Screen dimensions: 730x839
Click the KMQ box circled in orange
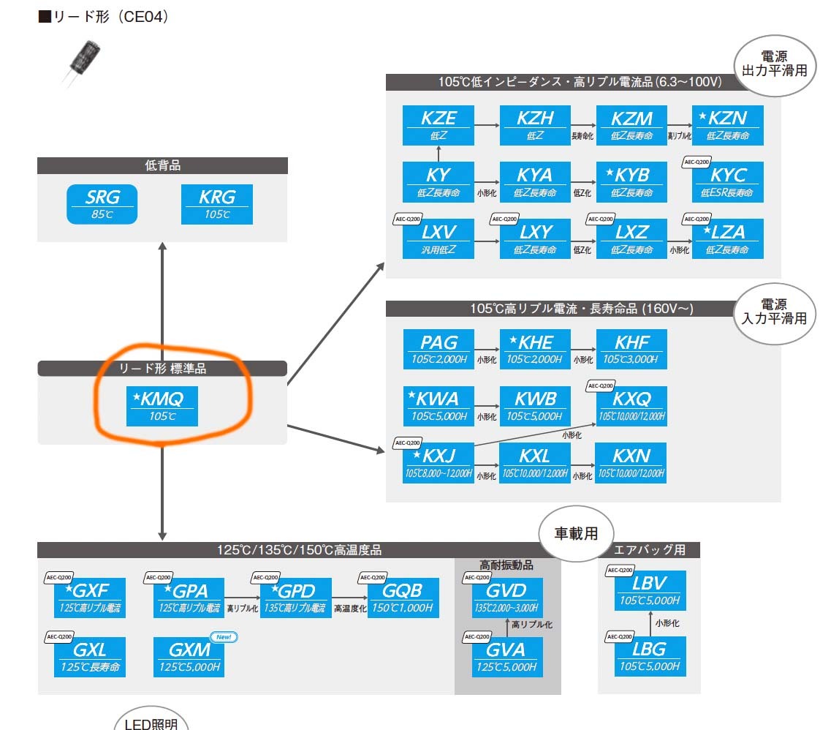(162, 406)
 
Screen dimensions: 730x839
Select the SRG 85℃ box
(102, 203)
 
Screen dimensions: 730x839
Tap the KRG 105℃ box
(216, 203)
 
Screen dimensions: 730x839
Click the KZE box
(439, 125)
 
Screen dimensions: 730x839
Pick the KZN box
(727, 125)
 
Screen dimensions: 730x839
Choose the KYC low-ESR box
(727, 182)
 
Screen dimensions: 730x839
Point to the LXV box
(439, 238)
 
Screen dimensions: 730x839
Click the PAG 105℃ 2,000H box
(439, 349)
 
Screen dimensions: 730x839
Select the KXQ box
(631, 406)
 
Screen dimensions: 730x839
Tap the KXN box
(631, 463)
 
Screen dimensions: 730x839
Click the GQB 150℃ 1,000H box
(403, 598)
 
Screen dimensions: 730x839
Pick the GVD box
(507, 598)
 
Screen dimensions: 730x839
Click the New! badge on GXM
(224, 637)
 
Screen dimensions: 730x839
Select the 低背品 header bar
(162, 166)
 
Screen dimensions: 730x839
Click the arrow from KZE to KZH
(487, 125)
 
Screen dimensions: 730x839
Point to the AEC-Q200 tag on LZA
(697, 219)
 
